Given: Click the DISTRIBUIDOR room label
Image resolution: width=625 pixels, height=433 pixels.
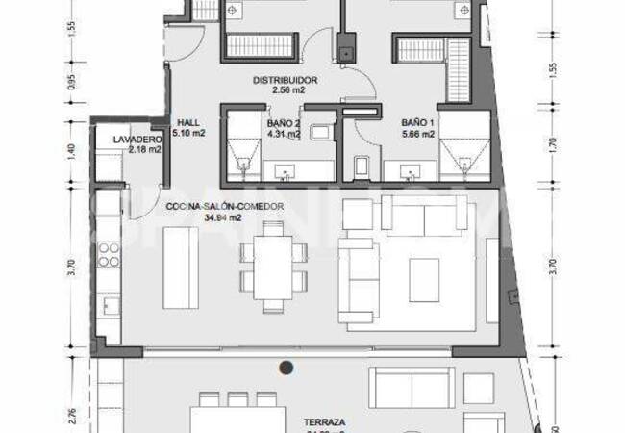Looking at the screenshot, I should click(284, 80).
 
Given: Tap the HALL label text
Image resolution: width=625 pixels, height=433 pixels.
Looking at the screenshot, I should click(187, 122).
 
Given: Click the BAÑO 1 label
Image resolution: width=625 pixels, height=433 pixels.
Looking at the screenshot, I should click(417, 123).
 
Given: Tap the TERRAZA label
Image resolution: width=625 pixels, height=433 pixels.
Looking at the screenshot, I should click(325, 421).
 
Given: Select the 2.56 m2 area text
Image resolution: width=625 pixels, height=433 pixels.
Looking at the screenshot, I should click(284, 90).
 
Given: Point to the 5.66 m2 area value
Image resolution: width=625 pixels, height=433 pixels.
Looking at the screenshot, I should click(417, 135).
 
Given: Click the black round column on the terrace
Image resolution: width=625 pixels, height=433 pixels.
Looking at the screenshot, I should click(286, 367).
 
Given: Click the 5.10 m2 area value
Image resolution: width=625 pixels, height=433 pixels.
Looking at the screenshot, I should click(188, 134).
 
